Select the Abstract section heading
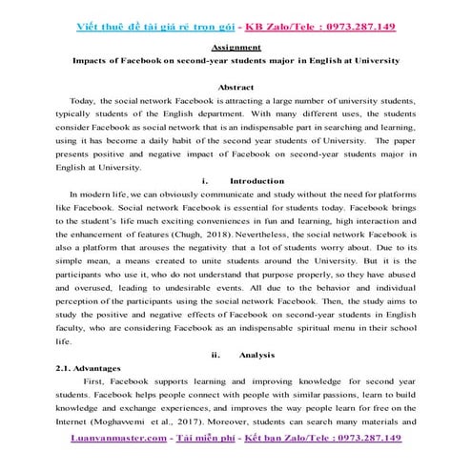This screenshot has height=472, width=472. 235,87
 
